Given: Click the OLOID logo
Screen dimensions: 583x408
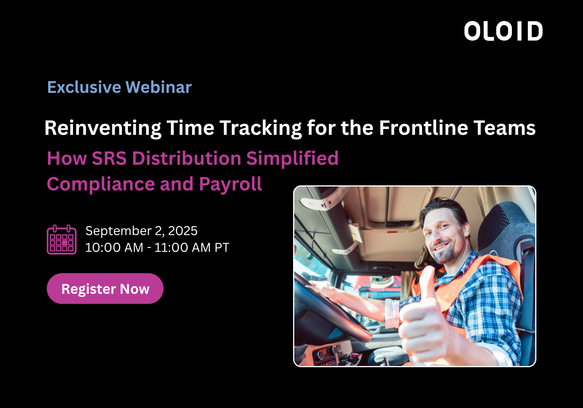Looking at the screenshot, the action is click(x=503, y=31).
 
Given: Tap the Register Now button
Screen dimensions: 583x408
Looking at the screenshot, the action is click(x=105, y=289).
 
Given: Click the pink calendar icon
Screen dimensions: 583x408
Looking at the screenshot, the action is click(x=62, y=240).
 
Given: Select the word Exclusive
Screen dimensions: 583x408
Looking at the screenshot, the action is click(x=84, y=87).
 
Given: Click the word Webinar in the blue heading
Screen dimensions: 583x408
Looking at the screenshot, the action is click(x=159, y=87).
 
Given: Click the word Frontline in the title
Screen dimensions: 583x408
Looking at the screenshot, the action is click(x=424, y=128).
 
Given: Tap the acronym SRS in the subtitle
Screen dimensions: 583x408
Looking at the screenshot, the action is click(x=109, y=158).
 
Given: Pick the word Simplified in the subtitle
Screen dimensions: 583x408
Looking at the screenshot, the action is click(x=293, y=159).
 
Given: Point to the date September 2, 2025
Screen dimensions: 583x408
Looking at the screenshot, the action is click(x=141, y=231).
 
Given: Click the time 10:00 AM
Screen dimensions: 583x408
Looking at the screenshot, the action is click(x=114, y=247).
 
